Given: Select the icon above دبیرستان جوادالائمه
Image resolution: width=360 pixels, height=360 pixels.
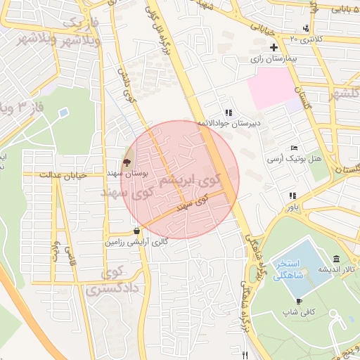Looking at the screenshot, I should click(x=228, y=112).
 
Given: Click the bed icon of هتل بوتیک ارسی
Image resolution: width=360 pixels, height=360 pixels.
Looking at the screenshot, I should click(x=294, y=148).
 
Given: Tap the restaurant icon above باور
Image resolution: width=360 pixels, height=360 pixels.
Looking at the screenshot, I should click(x=291, y=196).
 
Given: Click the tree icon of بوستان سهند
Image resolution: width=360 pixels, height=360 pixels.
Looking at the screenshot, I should click(x=126, y=162).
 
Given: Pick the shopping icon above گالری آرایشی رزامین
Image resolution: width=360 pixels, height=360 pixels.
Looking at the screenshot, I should click(x=136, y=231).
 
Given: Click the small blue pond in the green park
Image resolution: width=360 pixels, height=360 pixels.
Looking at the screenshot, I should click(x=63, y=112).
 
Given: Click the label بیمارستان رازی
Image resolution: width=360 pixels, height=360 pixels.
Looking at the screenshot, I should click(x=266, y=60).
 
